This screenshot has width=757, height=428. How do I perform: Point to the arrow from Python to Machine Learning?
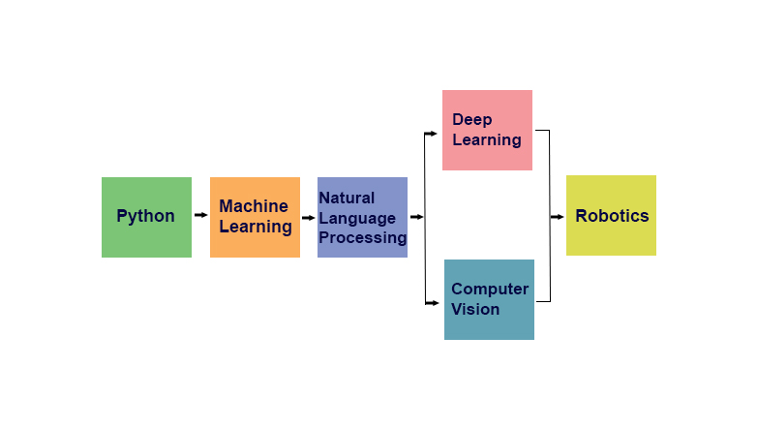pyautogui.click(x=200, y=215)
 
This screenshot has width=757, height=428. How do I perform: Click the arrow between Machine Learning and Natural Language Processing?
pyautogui.click(x=308, y=217)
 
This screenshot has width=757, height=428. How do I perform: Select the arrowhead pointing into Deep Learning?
pyautogui.click(x=433, y=131)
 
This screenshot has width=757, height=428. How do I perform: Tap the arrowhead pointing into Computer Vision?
pyautogui.click(x=434, y=303)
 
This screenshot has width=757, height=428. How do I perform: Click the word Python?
pyautogui.click(x=146, y=216)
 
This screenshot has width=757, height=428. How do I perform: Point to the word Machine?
pyautogui.click(x=254, y=206)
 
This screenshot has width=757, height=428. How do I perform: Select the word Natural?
pyautogui.click(x=347, y=198)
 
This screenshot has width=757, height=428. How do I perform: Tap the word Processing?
pyautogui.click(x=363, y=237)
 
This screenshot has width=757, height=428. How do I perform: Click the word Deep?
pyautogui.click(x=472, y=120)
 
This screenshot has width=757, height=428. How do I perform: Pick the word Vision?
pyautogui.click(x=475, y=309)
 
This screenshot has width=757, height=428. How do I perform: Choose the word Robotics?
pyautogui.click(x=612, y=216)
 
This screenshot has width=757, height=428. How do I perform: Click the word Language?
pyautogui.click(x=357, y=218)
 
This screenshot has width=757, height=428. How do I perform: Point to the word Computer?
pyautogui.click(x=490, y=289)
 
